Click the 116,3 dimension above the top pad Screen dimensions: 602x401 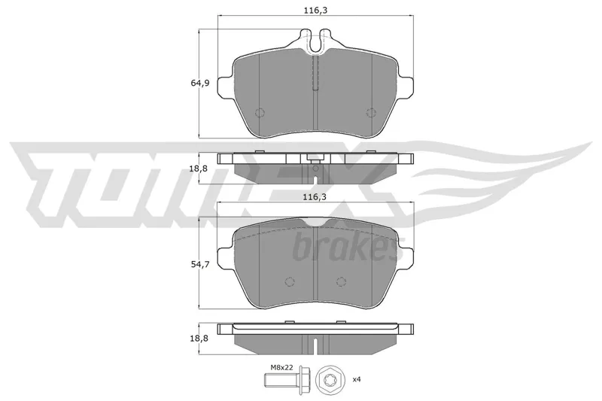[315, 11]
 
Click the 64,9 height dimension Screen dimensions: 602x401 [200, 83]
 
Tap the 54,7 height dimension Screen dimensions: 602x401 [200, 264]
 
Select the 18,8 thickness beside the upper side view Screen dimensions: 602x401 [199, 168]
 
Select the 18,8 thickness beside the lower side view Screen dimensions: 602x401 [199, 338]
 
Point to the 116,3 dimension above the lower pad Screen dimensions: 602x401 [315, 197]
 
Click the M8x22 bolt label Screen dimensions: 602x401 [281, 367]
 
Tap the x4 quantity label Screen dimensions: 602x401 [357, 379]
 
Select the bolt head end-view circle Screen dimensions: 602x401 [328, 379]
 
